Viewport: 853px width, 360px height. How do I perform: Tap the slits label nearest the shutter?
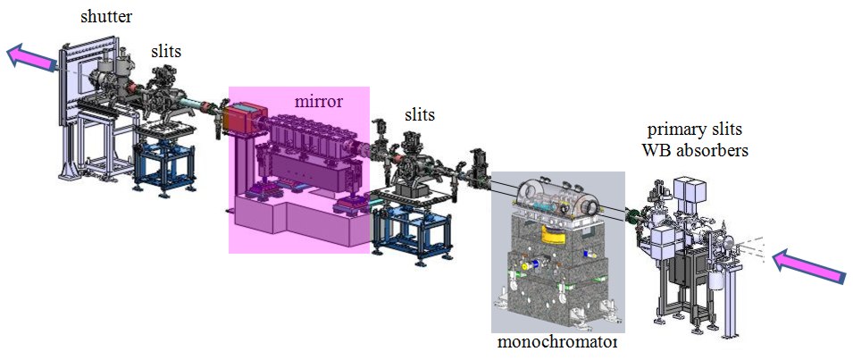click(165, 52)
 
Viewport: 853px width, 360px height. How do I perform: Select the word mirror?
click(319, 101)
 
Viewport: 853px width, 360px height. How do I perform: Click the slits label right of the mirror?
click(419, 115)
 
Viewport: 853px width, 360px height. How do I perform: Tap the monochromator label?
click(556, 343)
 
